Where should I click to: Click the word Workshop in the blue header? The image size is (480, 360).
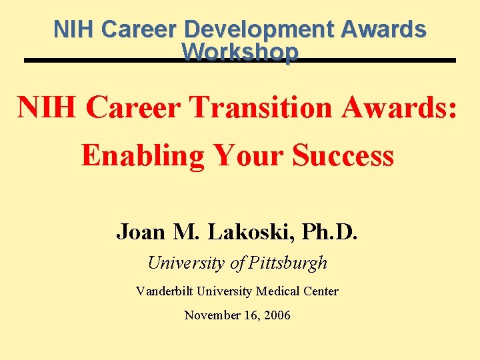tap(239, 52)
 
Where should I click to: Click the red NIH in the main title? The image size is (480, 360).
tap(46, 108)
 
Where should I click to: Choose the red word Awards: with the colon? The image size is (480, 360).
tap(400, 108)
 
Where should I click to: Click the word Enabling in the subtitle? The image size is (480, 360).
tap(142, 155)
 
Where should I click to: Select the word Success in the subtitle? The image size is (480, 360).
tap(343, 155)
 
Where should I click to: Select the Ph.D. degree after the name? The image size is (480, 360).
tap(330, 231)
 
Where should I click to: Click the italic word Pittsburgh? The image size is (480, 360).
tap(287, 263)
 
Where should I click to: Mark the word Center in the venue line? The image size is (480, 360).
tap(321, 291)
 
